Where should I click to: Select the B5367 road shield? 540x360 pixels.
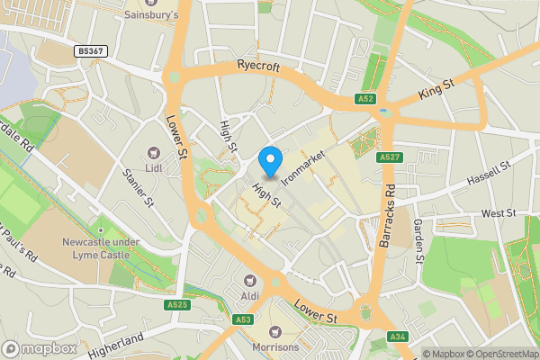pos(91,51)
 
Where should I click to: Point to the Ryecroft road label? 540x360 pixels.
pos(259,66)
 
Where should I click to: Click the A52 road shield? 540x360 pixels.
pos(364,98)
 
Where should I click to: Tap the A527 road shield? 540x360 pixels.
pos(389,157)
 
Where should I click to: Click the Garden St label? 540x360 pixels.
pos(418,241)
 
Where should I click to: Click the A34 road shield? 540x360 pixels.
pos(399,337)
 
